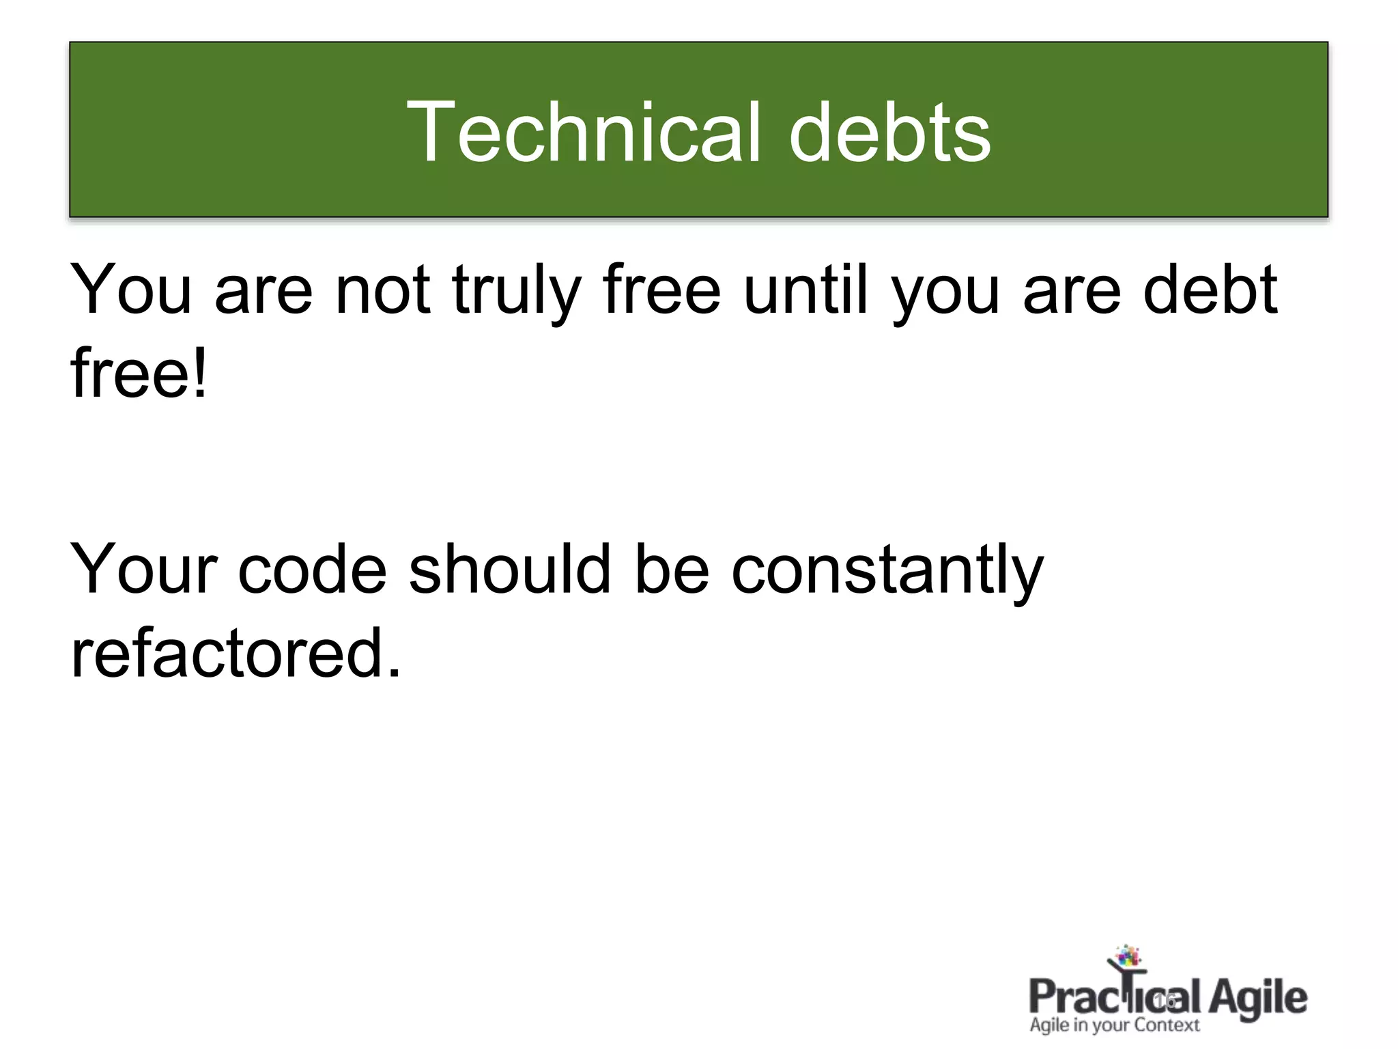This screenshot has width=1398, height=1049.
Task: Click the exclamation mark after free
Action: point(199,373)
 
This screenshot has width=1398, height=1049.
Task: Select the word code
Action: point(312,570)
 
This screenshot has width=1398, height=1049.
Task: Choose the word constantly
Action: point(887,571)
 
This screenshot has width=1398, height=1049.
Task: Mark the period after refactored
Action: point(394,673)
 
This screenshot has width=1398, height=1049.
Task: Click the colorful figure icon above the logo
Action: point(1127,959)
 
